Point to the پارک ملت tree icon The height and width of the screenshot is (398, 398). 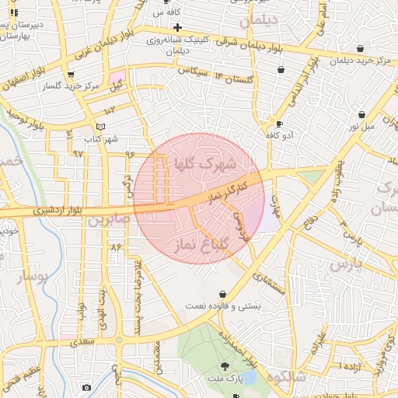click(225, 366)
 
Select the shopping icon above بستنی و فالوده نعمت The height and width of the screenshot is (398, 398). click(225, 294)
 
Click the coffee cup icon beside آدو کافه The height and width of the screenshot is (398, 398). click(279, 124)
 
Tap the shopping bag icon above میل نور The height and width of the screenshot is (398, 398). click(362, 114)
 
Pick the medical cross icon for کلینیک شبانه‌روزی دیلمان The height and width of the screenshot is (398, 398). click(178, 28)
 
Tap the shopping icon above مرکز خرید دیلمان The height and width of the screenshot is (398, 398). click(359, 48)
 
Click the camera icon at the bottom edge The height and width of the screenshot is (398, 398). click(86, 388)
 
